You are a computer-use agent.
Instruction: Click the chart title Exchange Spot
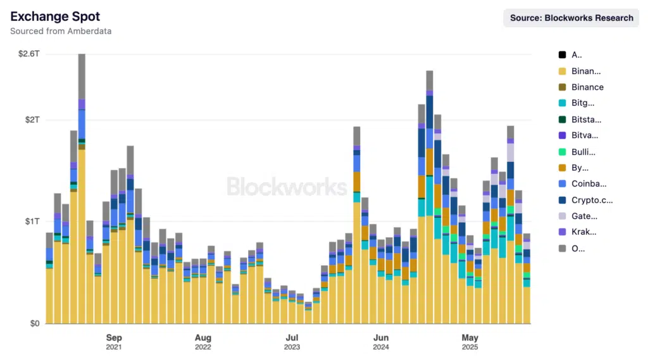click(x=55, y=16)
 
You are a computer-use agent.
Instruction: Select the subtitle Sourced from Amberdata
click(x=61, y=31)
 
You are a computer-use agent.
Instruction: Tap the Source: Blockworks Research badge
click(x=571, y=18)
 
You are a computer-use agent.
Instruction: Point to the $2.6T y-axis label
click(x=29, y=54)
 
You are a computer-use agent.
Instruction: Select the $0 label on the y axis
click(x=34, y=323)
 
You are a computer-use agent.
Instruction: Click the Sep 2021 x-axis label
click(x=114, y=342)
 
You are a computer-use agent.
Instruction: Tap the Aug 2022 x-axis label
click(x=203, y=342)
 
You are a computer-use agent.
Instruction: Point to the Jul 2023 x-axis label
click(x=292, y=342)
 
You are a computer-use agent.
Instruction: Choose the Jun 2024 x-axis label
click(x=381, y=342)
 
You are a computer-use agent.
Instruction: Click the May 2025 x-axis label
click(x=470, y=342)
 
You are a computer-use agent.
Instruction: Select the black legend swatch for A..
click(x=562, y=54)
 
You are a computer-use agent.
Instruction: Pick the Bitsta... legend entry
click(x=586, y=120)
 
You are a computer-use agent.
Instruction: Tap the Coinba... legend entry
click(x=589, y=184)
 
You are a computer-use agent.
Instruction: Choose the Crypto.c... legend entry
click(x=592, y=201)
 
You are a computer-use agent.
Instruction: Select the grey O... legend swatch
click(x=562, y=249)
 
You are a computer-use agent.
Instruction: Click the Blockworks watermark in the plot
click(x=287, y=187)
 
